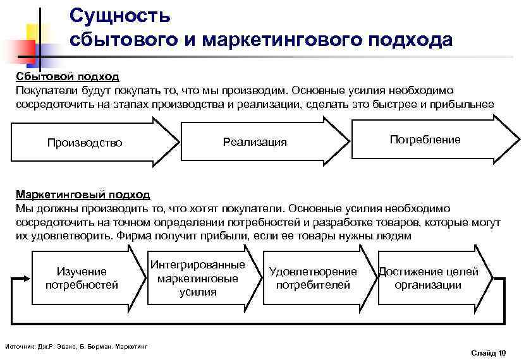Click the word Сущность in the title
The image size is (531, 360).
[x=120, y=14]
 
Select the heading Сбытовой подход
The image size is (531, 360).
[x=68, y=76]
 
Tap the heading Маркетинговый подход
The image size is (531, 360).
[x=83, y=194]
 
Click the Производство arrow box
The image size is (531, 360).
[x=85, y=142]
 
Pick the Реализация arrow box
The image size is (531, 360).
[x=255, y=142]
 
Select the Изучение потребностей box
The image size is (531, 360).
[x=82, y=278]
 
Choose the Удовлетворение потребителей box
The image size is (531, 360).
[x=313, y=278]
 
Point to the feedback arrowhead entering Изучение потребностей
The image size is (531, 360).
[x=25, y=278]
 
